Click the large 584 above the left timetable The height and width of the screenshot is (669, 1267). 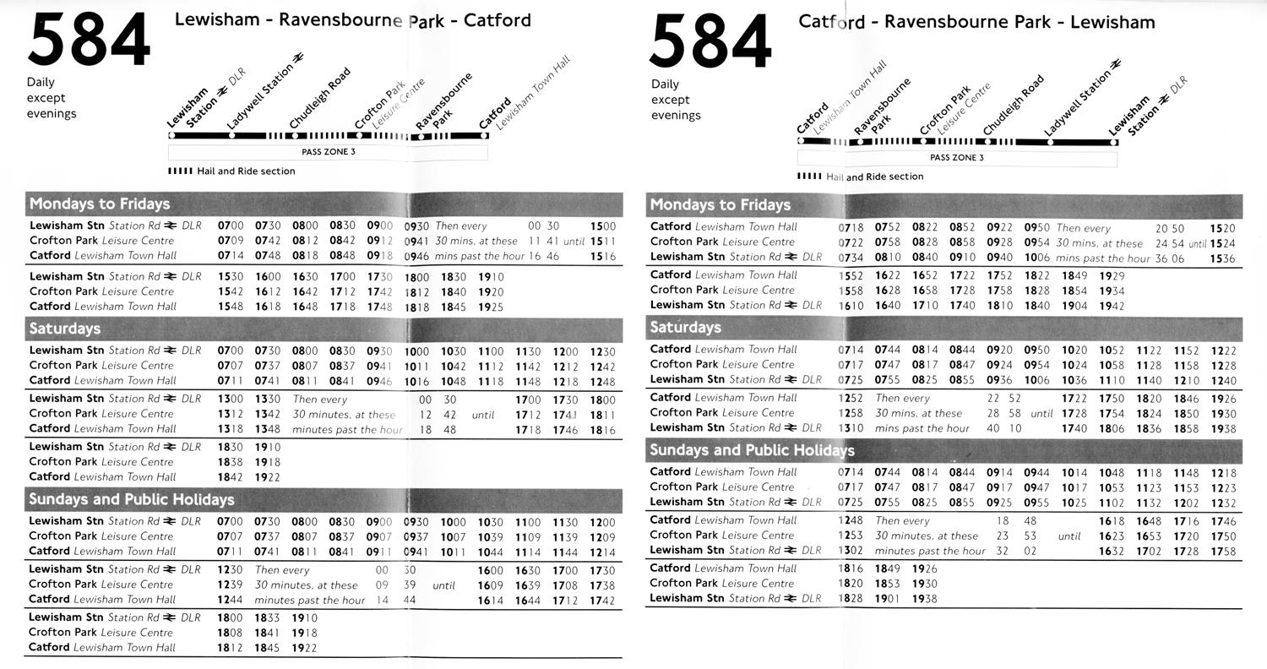89,41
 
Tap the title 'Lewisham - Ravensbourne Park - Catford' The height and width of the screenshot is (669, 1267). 352,19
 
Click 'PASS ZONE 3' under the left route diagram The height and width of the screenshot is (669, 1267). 329,152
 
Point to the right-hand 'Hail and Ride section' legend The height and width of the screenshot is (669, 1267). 861,177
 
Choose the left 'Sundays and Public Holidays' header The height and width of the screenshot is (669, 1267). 131,499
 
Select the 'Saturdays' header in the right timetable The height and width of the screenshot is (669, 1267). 685,327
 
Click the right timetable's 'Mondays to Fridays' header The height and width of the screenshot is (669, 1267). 720,204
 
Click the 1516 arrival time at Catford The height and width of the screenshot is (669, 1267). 603,256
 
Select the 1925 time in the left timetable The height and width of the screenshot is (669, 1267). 491,307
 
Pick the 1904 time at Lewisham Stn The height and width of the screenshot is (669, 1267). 1074,306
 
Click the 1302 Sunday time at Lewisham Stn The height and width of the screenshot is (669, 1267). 851,551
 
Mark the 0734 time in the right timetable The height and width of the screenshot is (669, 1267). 851,258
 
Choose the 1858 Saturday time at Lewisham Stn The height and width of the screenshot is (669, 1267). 1186,428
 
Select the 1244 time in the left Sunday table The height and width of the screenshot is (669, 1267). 230,600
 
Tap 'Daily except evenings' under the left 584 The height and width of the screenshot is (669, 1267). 52,98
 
